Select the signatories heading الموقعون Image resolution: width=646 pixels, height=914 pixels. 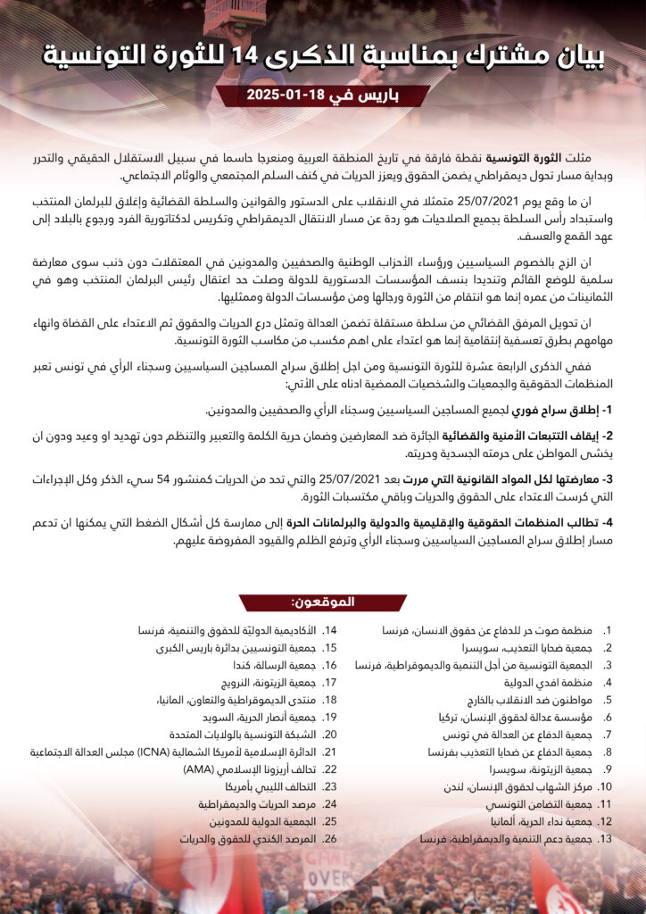[x=323, y=602]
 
